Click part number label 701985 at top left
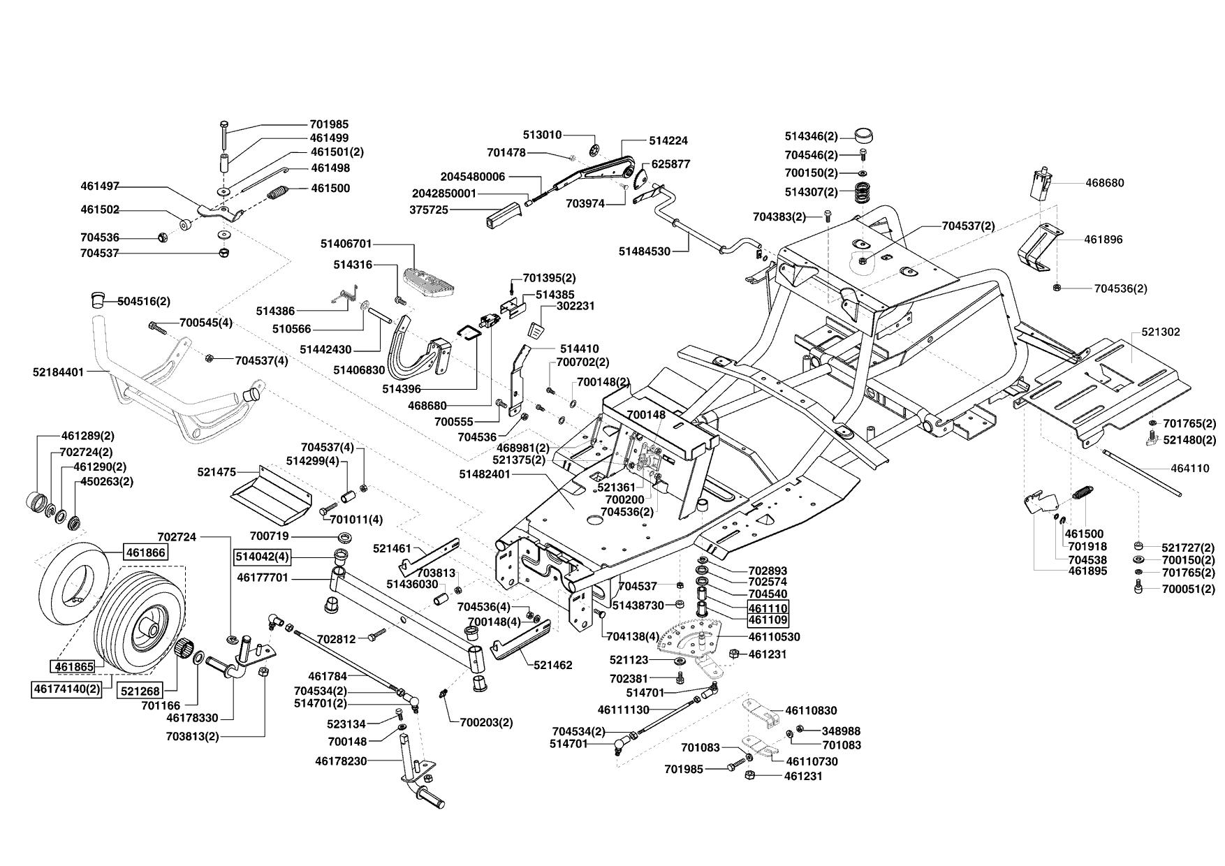pos(329,124)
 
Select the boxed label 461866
pos(146,552)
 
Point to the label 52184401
pos(58,372)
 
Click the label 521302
pos(1161,332)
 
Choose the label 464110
pos(1190,469)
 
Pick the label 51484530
pos(645,251)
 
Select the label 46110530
pos(775,637)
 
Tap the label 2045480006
pos(473,177)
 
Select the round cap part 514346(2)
pos(864,135)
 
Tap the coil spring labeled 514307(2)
pos(863,192)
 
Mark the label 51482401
pos(485,474)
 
